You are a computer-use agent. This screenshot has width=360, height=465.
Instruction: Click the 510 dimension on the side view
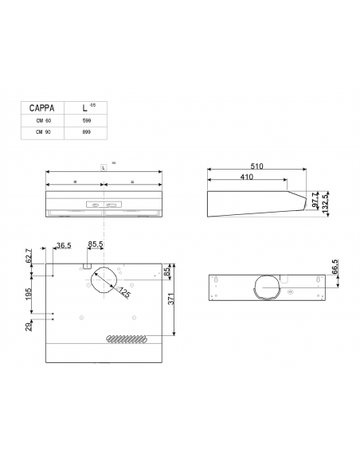tap(256, 166)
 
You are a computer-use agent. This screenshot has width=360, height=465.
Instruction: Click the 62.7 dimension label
tap(29, 256)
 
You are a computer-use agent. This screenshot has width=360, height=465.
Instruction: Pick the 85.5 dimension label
tap(96, 246)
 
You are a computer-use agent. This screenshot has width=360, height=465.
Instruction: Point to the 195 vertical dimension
tap(29, 294)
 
